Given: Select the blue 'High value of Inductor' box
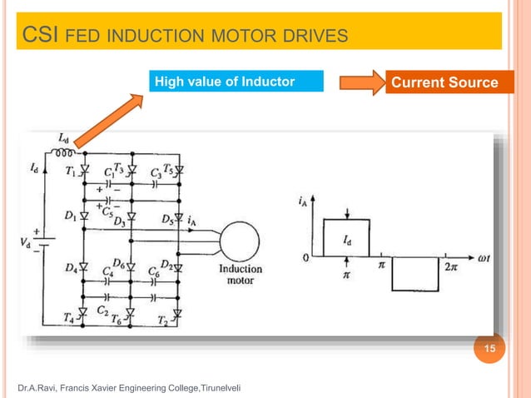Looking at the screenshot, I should pos(236,82).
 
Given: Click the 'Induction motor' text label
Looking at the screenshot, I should pos(241,275).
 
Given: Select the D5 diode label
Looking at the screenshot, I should pos(167,220).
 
